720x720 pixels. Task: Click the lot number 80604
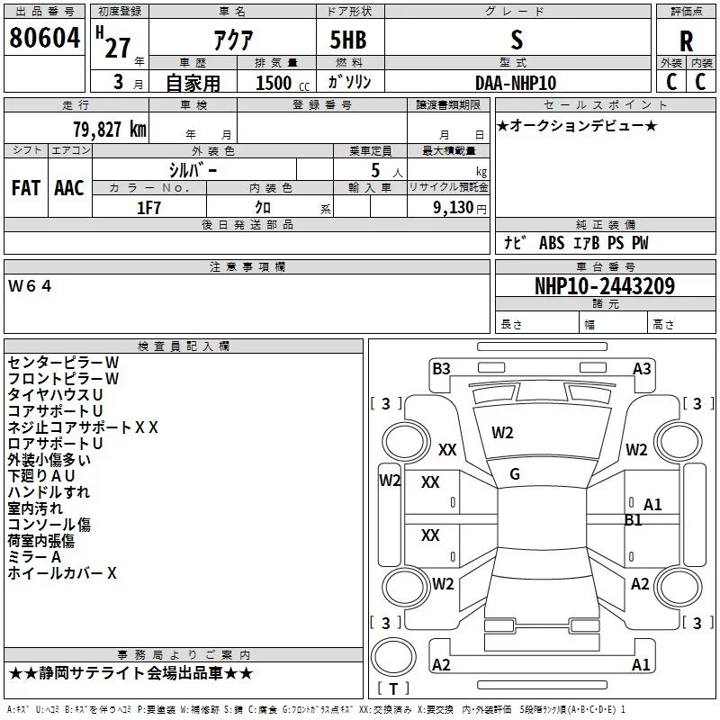44,38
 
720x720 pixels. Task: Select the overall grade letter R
686,41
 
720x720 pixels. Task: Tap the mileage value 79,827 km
110,130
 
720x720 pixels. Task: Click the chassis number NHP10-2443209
605,286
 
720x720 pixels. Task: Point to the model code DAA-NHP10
516,83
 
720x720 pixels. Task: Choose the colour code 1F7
148,208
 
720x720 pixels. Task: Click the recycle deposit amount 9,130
454,208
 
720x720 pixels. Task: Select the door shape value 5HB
348,40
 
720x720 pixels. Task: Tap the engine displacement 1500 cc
283,83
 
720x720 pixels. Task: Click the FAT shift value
26,188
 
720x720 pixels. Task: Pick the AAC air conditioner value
69,188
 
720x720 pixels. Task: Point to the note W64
30,286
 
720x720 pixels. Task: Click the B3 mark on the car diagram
441,369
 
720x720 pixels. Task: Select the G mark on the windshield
515,474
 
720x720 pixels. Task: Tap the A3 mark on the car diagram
642,369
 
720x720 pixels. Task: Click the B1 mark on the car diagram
634,520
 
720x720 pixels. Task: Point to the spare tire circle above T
393,657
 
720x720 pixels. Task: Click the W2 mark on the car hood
502,433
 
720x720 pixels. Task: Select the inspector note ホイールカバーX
62,573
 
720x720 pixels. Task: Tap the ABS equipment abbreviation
552,243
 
